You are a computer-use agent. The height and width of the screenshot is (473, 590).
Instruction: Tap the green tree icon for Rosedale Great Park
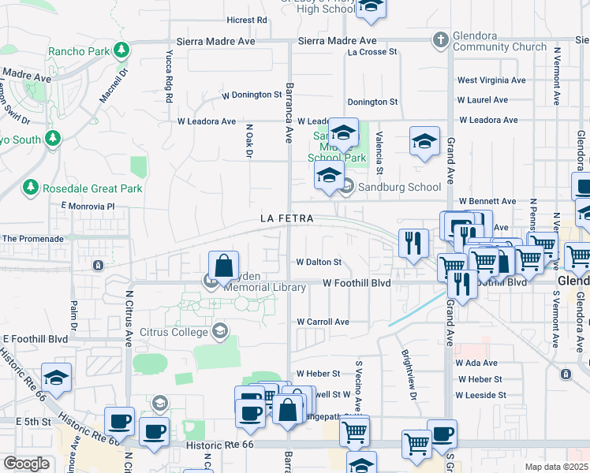(x=31, y=188)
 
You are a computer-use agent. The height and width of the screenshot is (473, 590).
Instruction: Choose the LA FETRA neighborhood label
(x=287, y=218)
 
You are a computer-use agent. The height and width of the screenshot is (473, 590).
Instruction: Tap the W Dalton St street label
(x=319, y=262)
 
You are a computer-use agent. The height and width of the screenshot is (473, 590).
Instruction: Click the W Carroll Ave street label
(x=323, y=322)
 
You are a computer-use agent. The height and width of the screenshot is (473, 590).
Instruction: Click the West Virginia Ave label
(x=491, y=80)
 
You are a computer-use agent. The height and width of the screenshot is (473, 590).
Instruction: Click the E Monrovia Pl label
(x=88, y=207)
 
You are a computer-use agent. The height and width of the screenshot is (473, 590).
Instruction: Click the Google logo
(x=26, y=463)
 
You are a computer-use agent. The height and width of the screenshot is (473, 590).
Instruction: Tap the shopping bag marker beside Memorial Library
(x=224, y=266)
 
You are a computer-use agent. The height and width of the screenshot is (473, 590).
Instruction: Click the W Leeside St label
(x=480, y=394)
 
